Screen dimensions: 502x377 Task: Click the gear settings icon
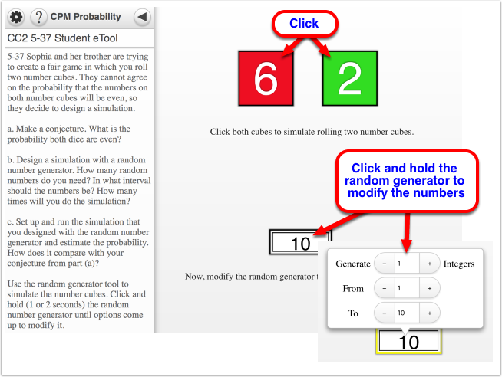(x=16, y=17)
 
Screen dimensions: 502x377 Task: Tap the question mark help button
(x=38, y=17)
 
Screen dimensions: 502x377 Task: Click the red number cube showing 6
(x=266, y=78)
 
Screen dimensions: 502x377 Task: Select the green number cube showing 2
(x=349, y=78)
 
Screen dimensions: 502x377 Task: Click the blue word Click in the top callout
(x=304, y=23)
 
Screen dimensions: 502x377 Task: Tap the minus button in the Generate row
(x=385, y=264)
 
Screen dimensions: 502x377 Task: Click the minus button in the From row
(x=385, y=288)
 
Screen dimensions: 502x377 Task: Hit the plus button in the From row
(x=430, y=288)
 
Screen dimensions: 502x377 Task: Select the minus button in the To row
(x=385, y=313)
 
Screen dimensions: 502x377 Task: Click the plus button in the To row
(x=430, y=313)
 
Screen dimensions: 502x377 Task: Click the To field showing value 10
(x=407, y=313)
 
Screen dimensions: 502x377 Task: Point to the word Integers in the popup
(x=459, y=264)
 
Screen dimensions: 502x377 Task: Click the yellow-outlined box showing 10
(x=408, y=342)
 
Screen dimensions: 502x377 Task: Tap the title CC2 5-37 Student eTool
(x=62, y=38)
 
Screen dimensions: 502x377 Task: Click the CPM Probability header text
(x=85, y=17)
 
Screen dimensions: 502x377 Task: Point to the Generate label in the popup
(x=353, y=264)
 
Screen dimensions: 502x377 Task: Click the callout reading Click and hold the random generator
(x=407, y=181)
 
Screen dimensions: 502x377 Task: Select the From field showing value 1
(x=407, y=288)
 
